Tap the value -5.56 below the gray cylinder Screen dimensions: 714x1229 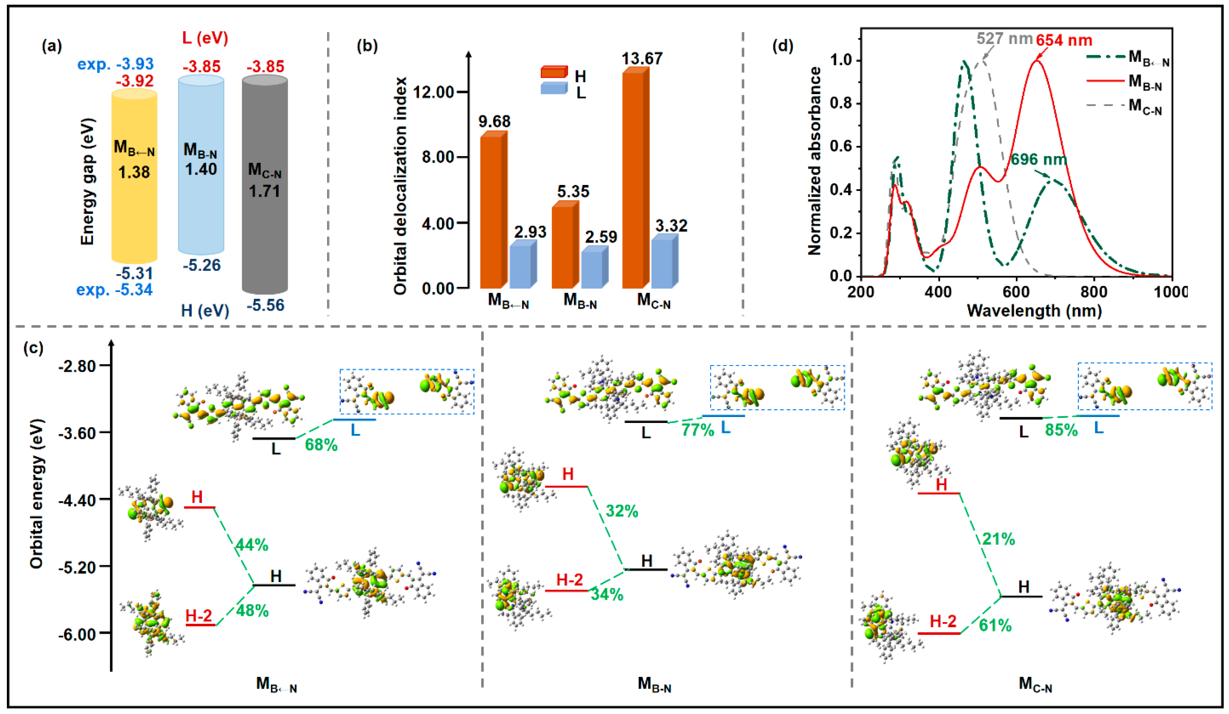[x=265, y=306]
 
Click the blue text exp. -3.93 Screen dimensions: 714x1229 [x=115, y=64]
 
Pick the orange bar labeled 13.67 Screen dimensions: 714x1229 [x=635, y=180]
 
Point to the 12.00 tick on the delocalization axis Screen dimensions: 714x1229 [x=433, y=92]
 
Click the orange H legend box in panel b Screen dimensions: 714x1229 [x=554, y=73]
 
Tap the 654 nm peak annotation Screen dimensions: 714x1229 [x=1064, y=40]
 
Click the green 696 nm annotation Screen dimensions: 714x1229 [x=1039, y=159]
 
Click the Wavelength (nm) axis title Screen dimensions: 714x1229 [x=1034, y=310]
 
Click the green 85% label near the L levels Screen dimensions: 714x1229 [x=1061, y=430]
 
